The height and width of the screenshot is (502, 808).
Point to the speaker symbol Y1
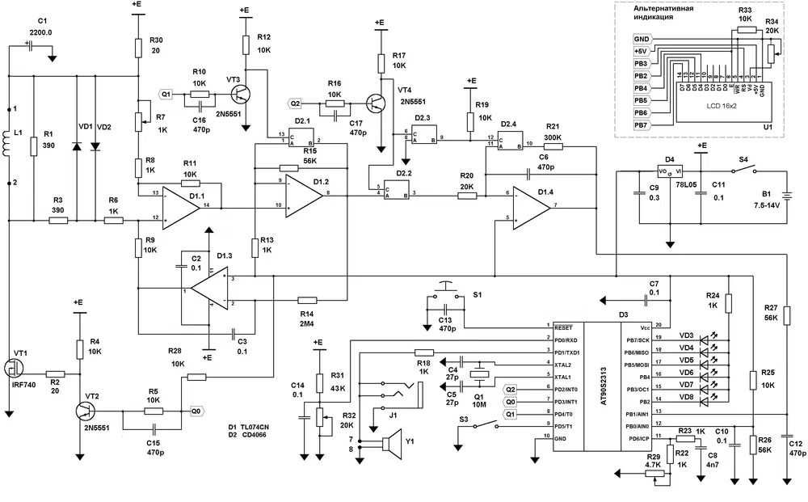(392, 443)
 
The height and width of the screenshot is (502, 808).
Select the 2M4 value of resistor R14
(306, 323)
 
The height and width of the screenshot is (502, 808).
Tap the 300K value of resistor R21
(553, 137)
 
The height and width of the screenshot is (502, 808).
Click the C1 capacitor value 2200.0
(40, 32)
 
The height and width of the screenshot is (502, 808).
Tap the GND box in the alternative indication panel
(642, 39)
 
